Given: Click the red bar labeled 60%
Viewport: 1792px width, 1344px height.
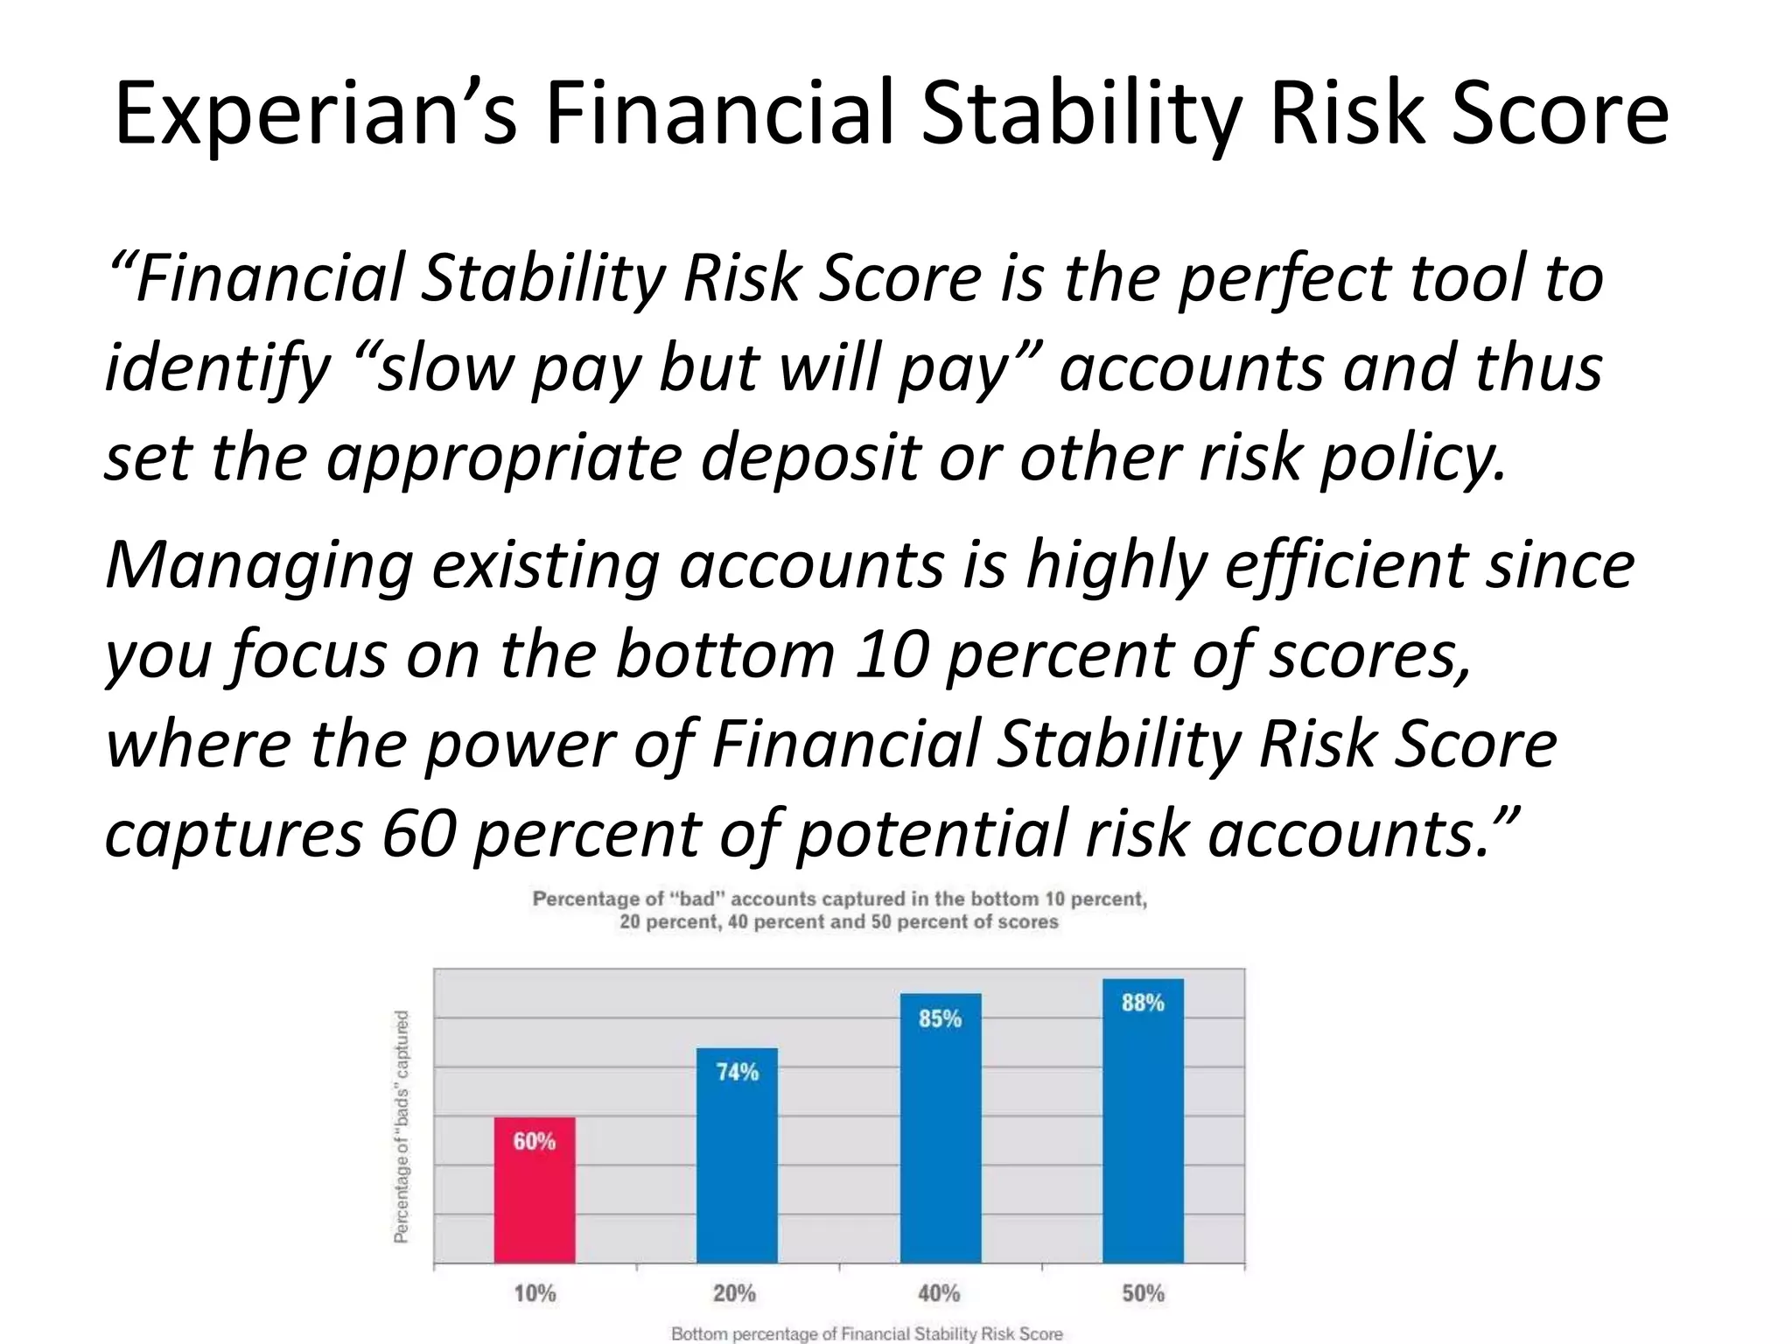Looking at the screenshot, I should tap(535, 1189).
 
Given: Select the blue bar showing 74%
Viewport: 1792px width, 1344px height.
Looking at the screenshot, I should tap(737, 1154).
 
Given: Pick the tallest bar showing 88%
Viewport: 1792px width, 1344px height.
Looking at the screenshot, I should tap(1143, 1120).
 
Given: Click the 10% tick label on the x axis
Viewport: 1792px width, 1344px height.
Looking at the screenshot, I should tap(535, 1292).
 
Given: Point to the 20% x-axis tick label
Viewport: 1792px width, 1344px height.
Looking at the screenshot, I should tap(734, 1292).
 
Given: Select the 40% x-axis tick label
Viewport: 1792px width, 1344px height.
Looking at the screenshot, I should tap(939, 1292).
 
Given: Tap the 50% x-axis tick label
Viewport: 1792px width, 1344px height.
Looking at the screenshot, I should tap(1143, 1292).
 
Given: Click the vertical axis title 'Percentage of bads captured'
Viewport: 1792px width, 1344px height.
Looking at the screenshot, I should tap(402, 1126).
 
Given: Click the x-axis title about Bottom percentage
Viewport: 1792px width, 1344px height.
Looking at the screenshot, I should tap(866, 1333).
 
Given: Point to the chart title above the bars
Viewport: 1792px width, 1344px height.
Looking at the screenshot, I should tap(839, 910).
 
